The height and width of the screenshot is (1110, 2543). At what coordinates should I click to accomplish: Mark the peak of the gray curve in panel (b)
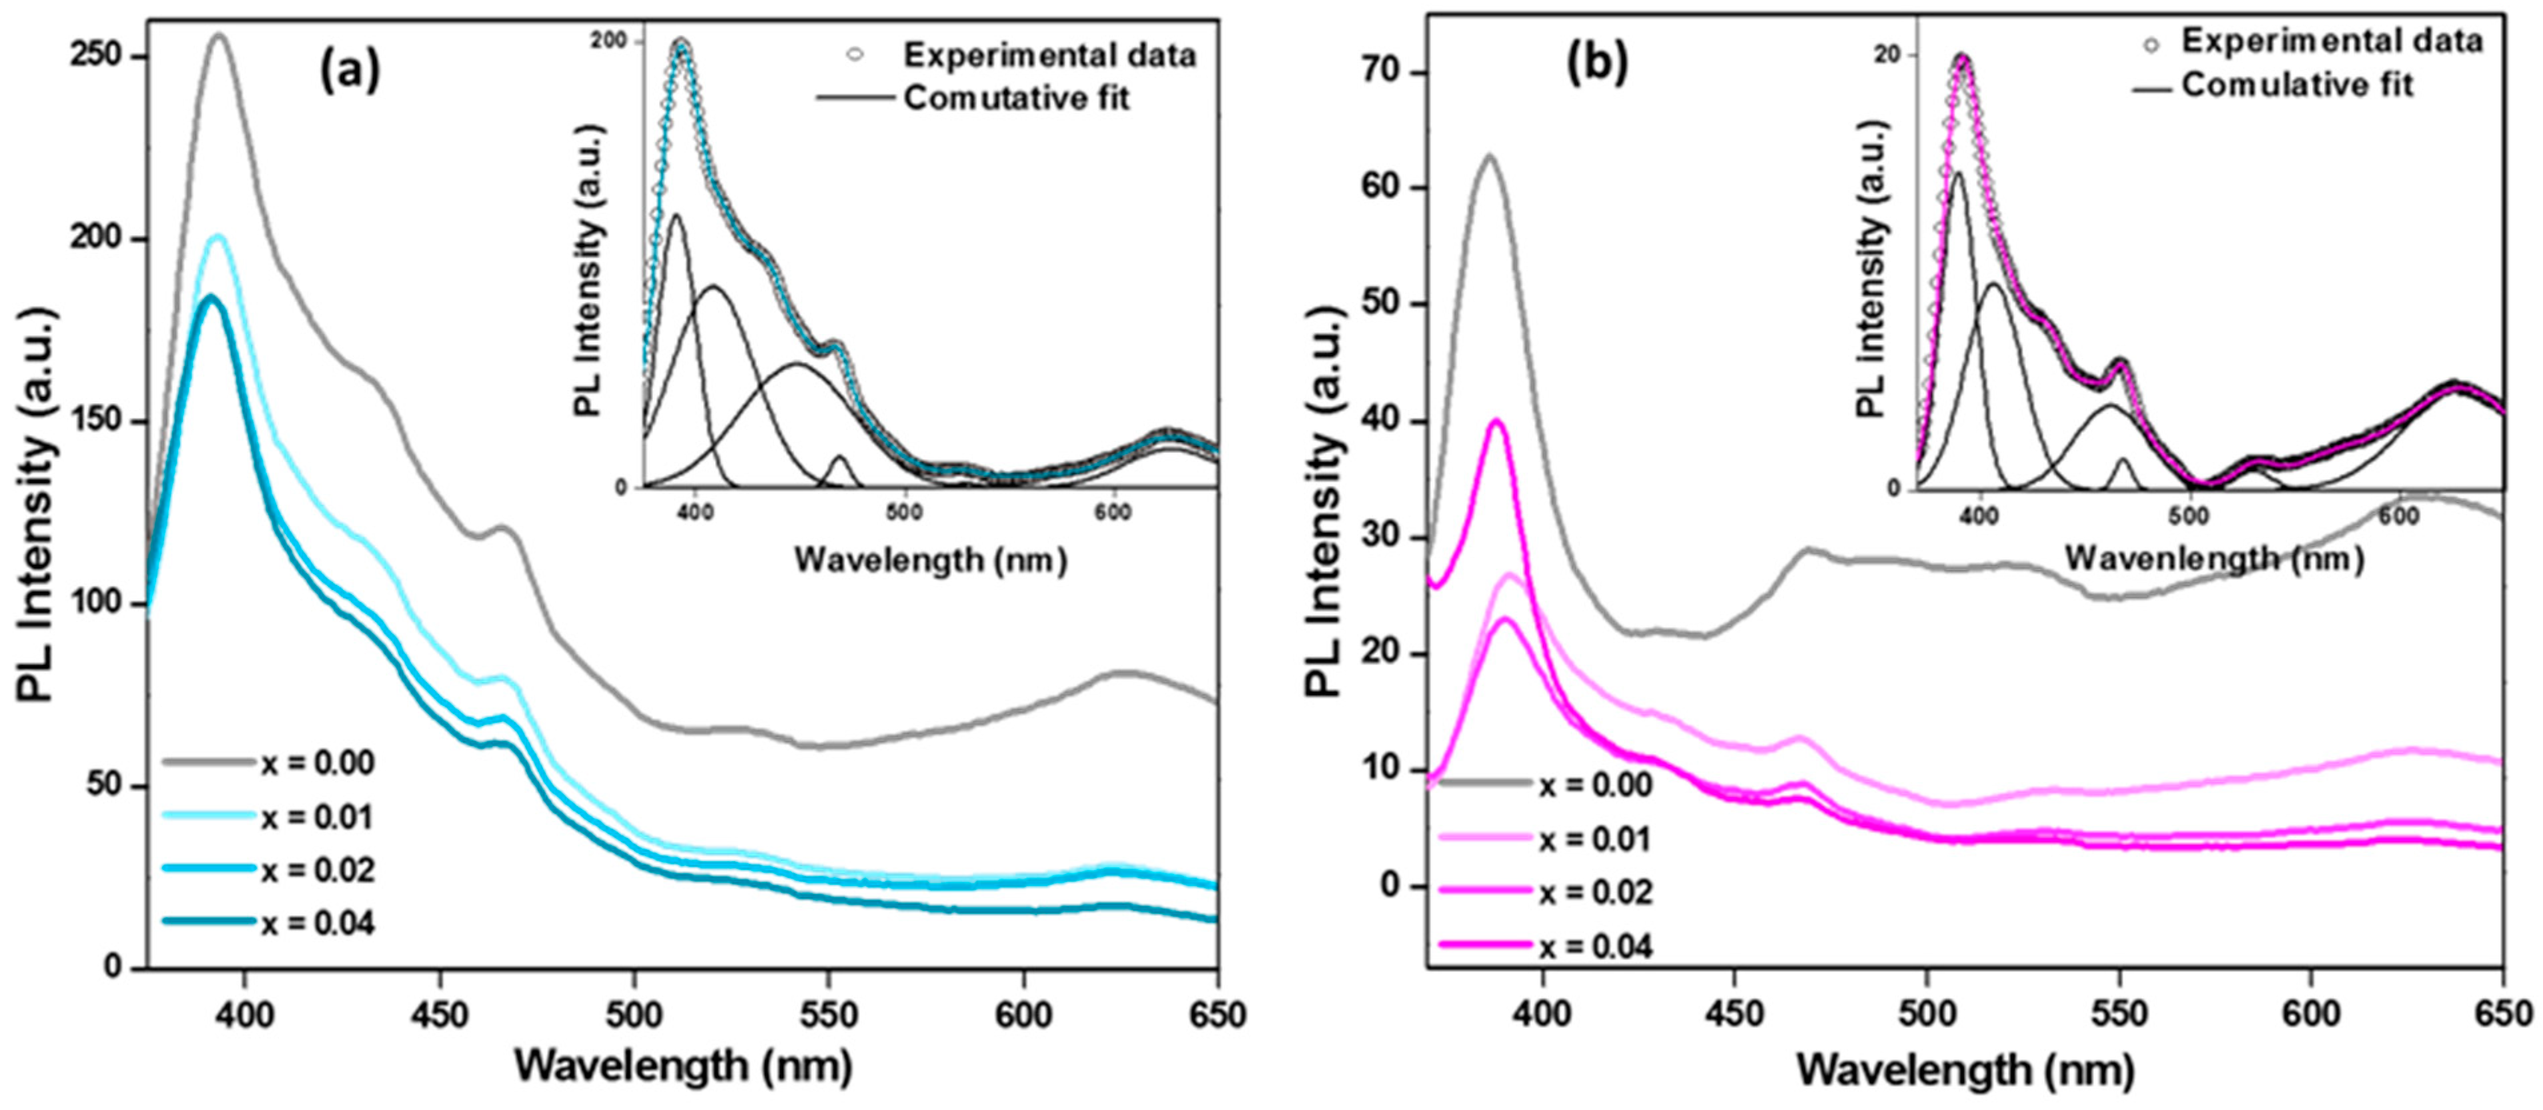pos(1489,156)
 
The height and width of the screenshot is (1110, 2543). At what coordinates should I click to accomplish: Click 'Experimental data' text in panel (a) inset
pos(1049,55)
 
